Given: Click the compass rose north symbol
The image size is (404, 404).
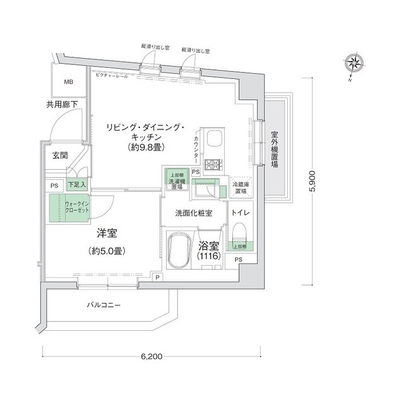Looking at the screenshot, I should click(353, 64).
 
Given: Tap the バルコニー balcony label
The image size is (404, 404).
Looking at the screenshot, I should click(104, 306).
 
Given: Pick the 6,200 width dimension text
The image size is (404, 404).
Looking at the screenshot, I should click(152, 357).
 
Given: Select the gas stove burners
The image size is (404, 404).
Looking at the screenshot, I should click(214, 164).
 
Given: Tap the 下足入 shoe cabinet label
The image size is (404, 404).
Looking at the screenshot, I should click(76, 185).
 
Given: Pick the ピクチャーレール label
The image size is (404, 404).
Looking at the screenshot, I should click(112, 76).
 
